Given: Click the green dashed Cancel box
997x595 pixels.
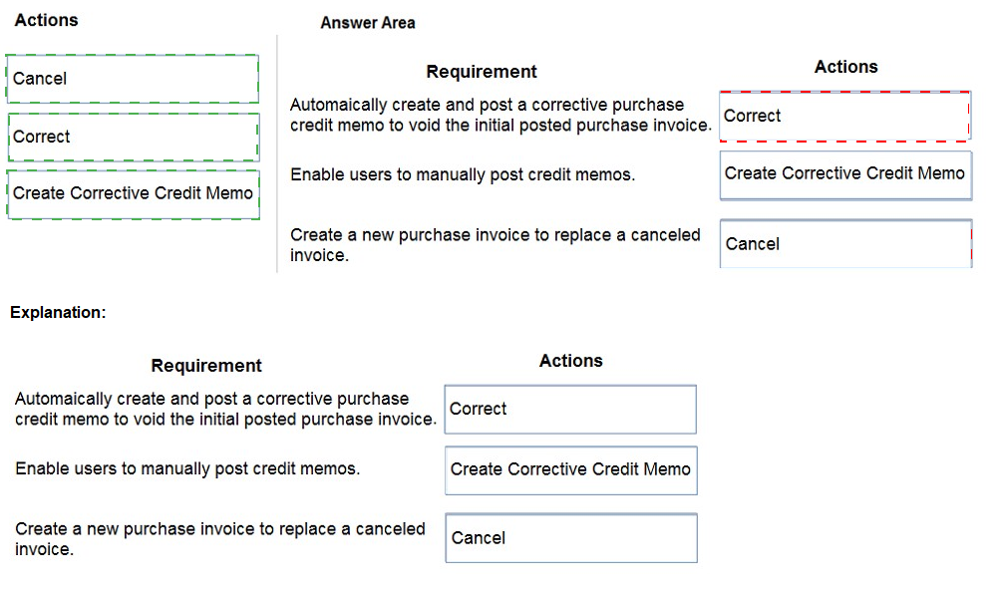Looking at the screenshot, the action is pos(133,78).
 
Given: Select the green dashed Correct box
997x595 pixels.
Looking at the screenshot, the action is pos(134,137).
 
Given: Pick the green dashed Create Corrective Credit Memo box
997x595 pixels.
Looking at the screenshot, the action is pos(134,194).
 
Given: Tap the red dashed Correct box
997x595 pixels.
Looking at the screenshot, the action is pos(845,116).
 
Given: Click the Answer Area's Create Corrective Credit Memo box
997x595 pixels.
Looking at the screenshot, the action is pos(845,175).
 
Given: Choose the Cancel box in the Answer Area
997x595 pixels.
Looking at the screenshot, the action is pos(845,243).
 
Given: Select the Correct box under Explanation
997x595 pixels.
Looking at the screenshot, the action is pos(570,410).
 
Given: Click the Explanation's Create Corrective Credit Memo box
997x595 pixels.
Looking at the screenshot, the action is pos(571,470).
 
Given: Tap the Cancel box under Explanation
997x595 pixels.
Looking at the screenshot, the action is pos(571,538).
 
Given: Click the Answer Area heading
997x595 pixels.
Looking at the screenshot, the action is pos(368,23).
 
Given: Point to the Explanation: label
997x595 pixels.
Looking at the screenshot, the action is pos(58,312).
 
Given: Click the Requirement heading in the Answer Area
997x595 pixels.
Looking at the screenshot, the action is pos(482,71).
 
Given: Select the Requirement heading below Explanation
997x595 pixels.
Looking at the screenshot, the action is pos(206,366).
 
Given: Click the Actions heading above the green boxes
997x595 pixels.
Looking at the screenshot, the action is pos(47,20).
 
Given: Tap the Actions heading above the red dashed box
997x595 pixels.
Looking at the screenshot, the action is pos(845,67).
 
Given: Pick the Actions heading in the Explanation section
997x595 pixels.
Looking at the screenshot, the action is pos(571,361).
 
